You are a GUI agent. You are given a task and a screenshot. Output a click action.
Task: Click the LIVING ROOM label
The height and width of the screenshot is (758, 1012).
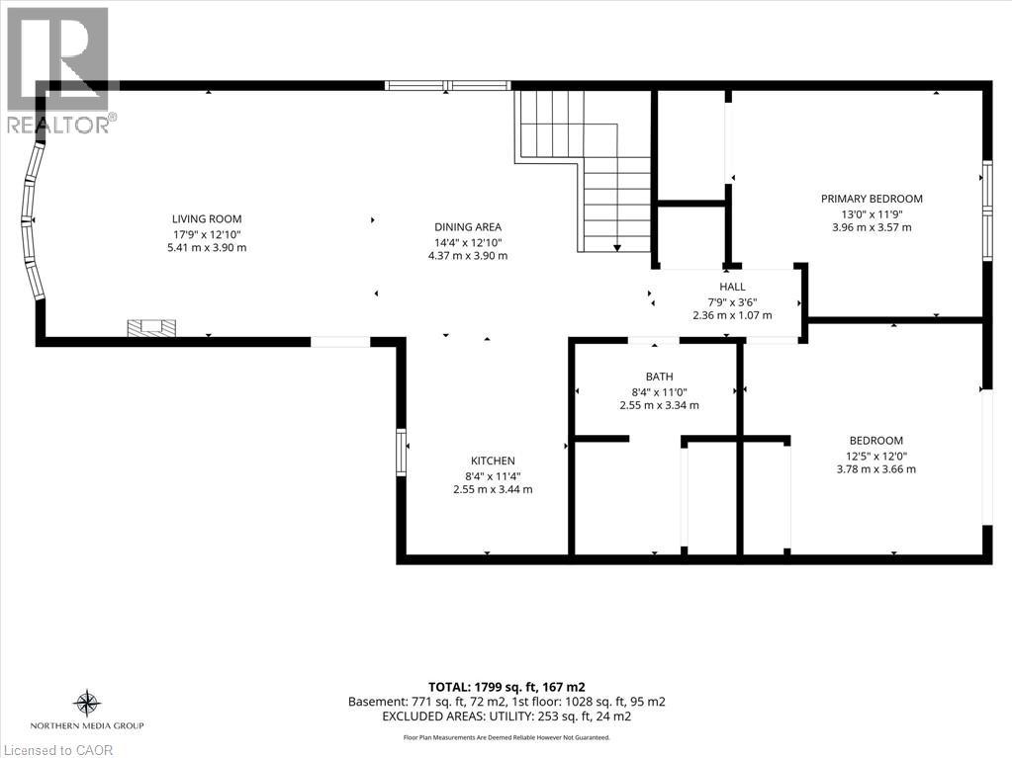[207, 219]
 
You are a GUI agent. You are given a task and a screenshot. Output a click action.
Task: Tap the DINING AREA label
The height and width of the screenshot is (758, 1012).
[468, 227]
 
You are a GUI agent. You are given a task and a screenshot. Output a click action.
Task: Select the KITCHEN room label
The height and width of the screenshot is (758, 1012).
[493, 461]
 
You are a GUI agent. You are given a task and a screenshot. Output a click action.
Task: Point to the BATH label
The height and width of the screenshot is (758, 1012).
[659, 377]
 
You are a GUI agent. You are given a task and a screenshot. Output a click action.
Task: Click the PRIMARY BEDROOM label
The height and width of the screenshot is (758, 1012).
[872, 199]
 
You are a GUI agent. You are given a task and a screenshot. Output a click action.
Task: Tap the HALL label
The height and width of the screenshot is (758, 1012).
[732, 287]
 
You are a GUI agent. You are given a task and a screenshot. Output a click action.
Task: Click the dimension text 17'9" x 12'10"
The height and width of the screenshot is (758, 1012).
[207, 234]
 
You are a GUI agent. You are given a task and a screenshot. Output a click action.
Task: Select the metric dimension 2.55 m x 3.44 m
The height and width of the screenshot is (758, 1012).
[493, 489]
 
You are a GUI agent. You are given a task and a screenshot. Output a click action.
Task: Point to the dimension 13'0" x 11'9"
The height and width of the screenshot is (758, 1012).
[872, 213]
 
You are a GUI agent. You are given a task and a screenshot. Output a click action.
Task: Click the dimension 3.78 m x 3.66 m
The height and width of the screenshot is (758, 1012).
[875, 469]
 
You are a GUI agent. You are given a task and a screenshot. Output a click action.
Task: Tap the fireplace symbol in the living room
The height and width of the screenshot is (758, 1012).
[151, 327]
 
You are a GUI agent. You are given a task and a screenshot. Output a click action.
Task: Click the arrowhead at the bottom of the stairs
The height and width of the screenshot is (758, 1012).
[617, 247]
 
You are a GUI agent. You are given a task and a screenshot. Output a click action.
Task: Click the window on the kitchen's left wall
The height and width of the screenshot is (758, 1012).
[401, 453]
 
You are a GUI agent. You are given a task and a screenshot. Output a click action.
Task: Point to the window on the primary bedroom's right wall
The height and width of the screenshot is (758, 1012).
[987, 210]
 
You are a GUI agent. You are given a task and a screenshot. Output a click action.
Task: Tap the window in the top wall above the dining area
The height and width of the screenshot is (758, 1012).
[448, 85]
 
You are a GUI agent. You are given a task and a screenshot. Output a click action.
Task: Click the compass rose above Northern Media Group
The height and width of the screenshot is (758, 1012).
[86, 704]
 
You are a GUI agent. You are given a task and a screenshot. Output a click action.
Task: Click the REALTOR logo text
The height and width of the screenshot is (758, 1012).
[58, 125]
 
